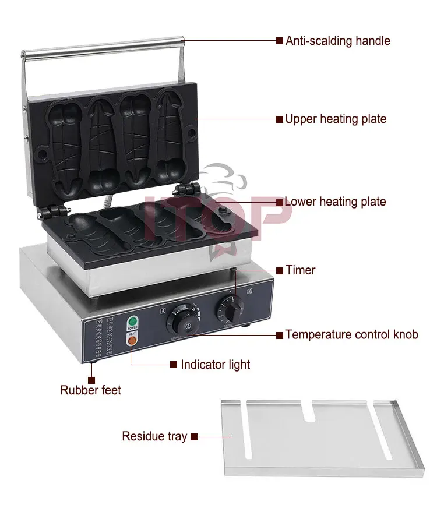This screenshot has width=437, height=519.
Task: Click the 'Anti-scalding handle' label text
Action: tap(337, 41)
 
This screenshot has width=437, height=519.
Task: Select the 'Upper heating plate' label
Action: tap(335, 119)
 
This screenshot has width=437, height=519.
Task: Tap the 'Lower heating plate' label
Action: tap(335, 202)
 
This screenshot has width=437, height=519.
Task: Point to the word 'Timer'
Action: tap(300, 270)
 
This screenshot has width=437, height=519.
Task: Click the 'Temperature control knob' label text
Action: tap(351, 335)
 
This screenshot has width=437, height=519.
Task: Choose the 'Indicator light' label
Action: tap(215, 365)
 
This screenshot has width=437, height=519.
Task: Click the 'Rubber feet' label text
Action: tap(91, 390)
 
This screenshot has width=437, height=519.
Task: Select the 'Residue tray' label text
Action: tap(154, 436)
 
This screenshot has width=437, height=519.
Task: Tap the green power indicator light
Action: tap(132, 321)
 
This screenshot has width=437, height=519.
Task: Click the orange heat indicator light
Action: tap(132, 340)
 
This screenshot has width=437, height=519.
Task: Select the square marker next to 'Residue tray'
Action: tap(195, 436)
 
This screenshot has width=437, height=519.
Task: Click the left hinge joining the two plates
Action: tap(55, 211)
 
